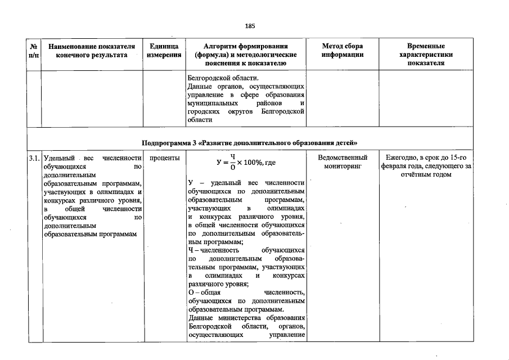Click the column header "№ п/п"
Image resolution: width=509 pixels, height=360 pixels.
(34, 50)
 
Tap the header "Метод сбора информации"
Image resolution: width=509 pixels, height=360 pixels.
(343, 50)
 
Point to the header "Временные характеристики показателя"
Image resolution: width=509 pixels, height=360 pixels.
(426, 54)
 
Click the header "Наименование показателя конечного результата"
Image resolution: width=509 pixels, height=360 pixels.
(92, 50)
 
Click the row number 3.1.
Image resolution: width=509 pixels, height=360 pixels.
(34, 159)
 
